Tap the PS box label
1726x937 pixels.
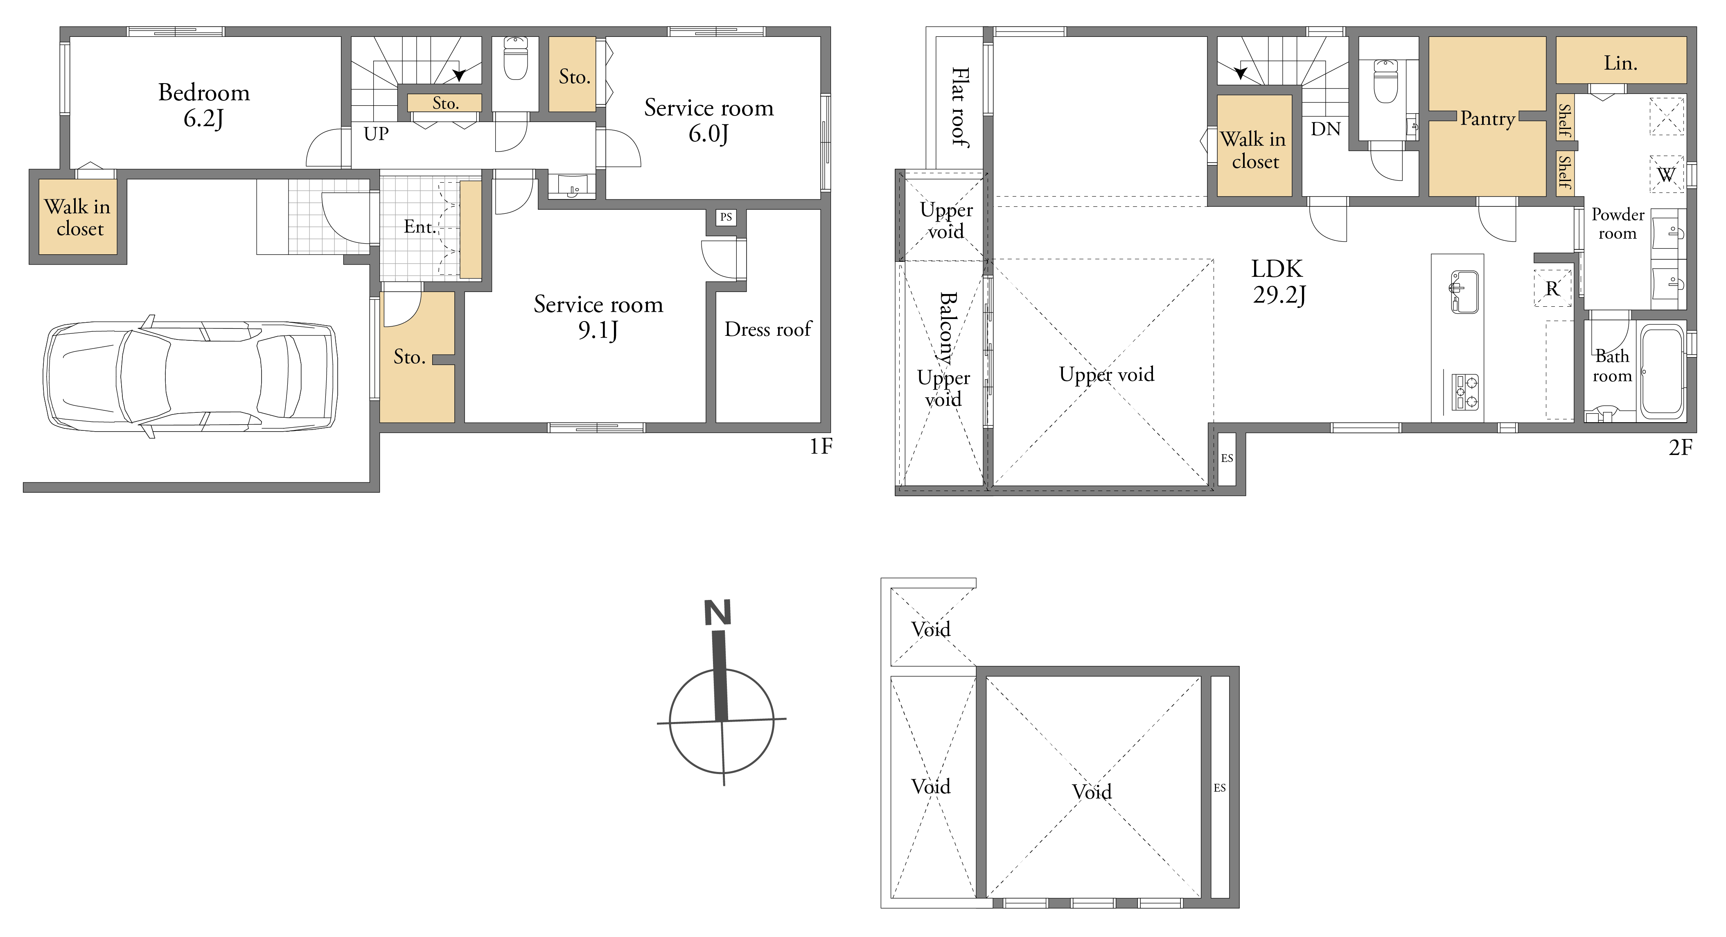tap(726, 217)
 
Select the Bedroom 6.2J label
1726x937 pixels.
tap(204, 105)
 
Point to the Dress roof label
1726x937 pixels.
tap(768, 329)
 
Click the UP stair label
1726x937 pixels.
tap(376, 134)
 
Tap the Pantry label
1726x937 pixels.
tap(1487, 119)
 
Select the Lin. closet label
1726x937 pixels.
tap(1620, 63)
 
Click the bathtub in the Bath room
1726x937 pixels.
tap(1662, 372)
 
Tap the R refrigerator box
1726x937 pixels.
tap(1552, 288)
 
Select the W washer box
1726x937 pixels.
tap(1666, 174)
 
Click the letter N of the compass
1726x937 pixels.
tap(717, 613)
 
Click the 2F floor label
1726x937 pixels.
tap(1681, 447)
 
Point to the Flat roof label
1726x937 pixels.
tap(960, 107)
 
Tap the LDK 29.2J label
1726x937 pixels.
tap(1278, 281)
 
